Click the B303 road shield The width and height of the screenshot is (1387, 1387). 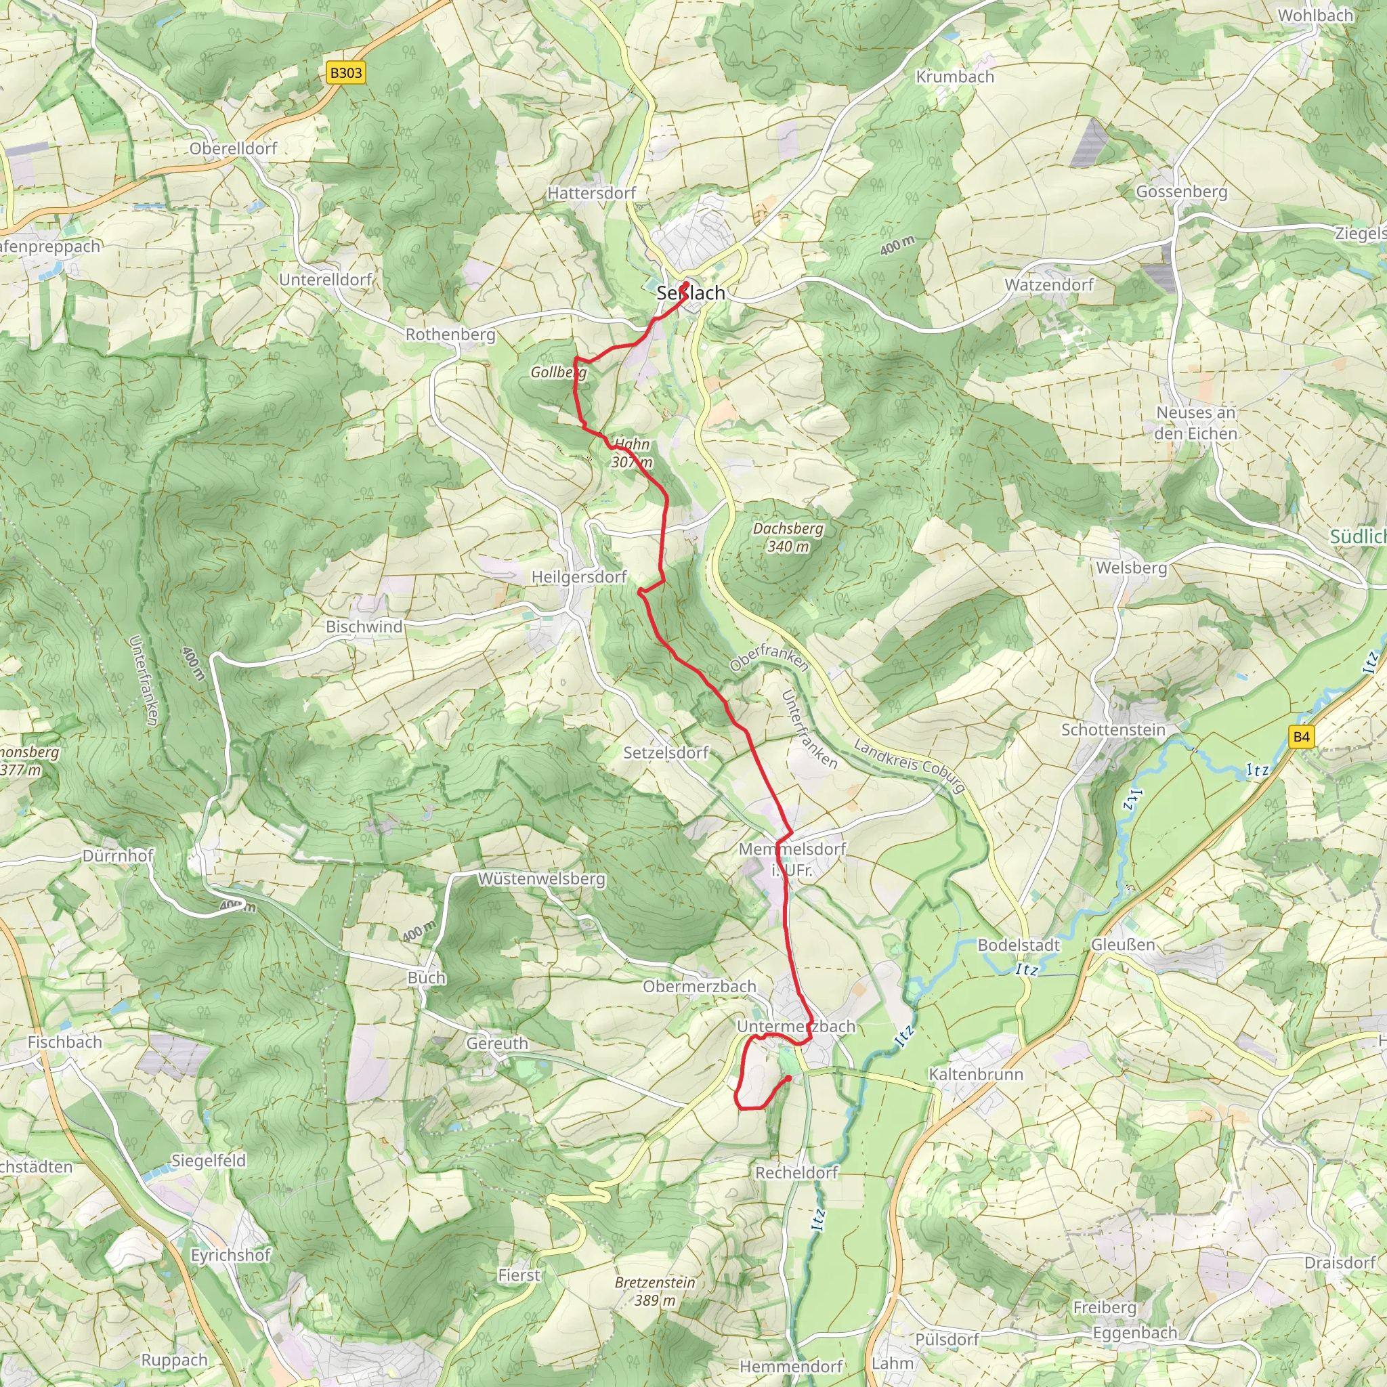(x=346, y=73)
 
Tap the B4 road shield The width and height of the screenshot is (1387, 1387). (x=1301, y=737)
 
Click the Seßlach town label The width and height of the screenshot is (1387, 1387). (x=691, y=293)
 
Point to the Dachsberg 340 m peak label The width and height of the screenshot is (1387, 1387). (x=788, y=538)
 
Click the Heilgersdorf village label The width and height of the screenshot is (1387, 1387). (x=578, y=577)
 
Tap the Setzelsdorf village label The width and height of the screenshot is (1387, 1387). (x=666, y=752)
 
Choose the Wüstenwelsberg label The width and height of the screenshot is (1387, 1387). (x=541, y=878)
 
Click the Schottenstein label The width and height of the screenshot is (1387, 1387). (x=1113, y=729)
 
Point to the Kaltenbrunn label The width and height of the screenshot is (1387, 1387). (x=976, y=1074)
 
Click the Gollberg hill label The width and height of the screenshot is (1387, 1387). (x=559, y=372)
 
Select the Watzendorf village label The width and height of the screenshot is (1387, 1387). (x=1048, y=285)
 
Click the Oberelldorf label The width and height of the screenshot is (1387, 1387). (x=234, y=148)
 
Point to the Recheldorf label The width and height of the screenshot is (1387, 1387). (x=796, y=1172)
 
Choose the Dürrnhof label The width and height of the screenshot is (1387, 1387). (x=119, y=856)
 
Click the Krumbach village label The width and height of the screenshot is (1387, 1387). (x=955, y=77)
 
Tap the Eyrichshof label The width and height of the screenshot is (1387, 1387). (x=230, y=1256)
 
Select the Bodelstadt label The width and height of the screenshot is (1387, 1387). (x=1019, y=945)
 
